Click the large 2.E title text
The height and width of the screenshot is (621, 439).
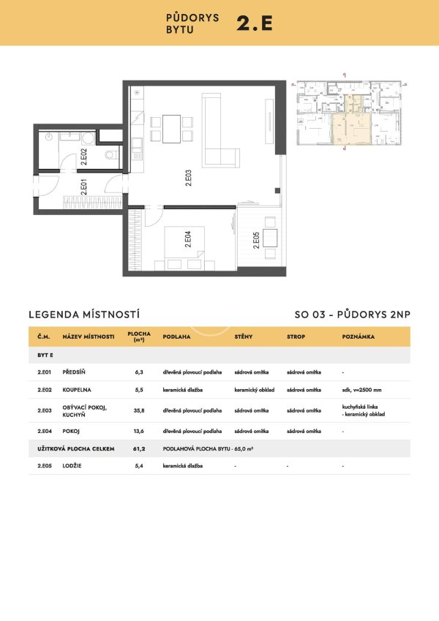(x=254, y=23)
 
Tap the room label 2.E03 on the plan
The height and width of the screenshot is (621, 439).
(x=188, y=178)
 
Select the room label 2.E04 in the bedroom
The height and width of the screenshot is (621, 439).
(x=188, y=239)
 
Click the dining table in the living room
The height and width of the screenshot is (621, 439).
(x=171, y=129)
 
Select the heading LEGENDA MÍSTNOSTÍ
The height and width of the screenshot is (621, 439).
(x=83, y=315)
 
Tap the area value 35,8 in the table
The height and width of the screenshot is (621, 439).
(x=139, y=409)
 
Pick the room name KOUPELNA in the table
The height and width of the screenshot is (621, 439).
(x=78, y=390)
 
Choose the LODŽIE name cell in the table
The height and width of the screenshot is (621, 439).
(x=75, y=464)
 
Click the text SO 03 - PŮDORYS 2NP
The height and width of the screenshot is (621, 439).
(x=353, y=315)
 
